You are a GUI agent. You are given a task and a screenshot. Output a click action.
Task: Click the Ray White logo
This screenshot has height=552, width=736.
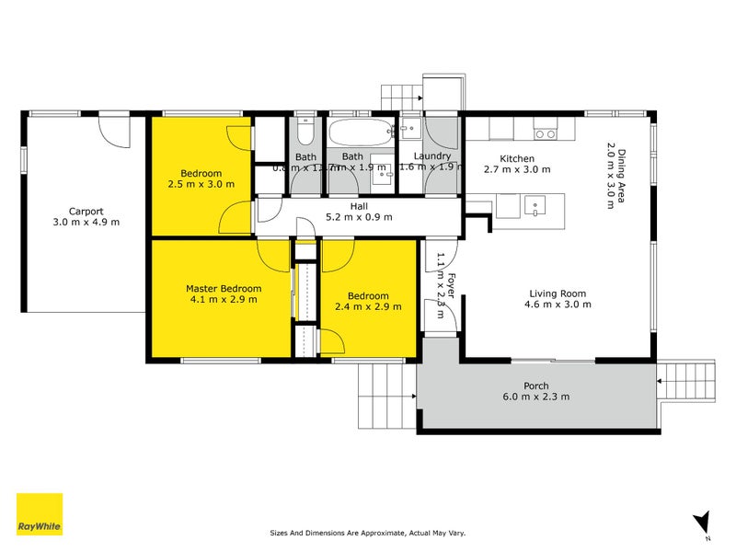pyautogui.click(x=40, y=514)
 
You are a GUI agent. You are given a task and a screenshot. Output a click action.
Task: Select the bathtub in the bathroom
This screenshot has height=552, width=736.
pyautogui.click(x=360, y=133)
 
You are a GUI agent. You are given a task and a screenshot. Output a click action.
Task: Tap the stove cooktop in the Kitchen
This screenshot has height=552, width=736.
pyautogui.click(x=545, y=132)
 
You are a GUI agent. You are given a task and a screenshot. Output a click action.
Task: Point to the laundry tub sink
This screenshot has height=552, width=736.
pyautogui.click(x=409, y=131)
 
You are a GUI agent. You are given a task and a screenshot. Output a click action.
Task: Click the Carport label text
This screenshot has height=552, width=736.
pyautogui.click(x=86, y=210)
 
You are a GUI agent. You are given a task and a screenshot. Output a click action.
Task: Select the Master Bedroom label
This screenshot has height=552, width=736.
pyautogui.click(x=221, y=288)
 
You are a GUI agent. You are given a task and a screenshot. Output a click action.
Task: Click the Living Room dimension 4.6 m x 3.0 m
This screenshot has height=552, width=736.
pyautogui.click(x=555, y=305)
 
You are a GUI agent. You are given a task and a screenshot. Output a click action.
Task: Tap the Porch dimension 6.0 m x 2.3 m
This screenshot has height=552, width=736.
pyautogui.click(x=536, y=397)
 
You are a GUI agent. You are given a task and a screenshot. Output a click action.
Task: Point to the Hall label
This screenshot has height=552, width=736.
pyautogui.click(x=358, y=206)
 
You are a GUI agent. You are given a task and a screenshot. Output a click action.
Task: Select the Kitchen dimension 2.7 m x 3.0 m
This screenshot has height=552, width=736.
pyautogui.click(x=516, y=169)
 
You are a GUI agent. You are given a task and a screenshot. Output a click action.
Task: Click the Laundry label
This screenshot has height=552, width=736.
pyautogui.click(x=431, y=156)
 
